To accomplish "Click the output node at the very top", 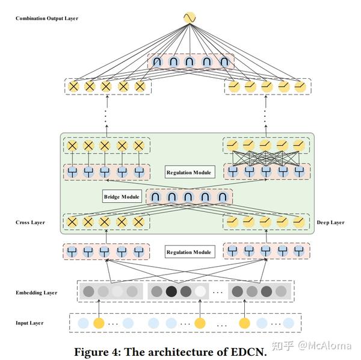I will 189,18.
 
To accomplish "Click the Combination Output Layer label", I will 47,19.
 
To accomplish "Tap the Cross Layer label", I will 31,222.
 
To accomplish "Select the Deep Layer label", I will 330,222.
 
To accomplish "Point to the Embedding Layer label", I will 37,293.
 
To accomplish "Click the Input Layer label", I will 29,323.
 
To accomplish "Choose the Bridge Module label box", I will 122,197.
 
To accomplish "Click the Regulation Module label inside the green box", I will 189,173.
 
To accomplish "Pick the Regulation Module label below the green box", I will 189,252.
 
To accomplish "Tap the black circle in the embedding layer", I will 171,292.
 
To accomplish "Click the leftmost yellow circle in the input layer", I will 99,323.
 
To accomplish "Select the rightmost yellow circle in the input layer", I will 244,323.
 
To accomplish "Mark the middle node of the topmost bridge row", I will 190,61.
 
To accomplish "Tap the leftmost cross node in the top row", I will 73,87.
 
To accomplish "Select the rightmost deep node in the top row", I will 299,87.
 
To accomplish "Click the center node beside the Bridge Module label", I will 190,197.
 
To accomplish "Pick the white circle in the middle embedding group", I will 200,292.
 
